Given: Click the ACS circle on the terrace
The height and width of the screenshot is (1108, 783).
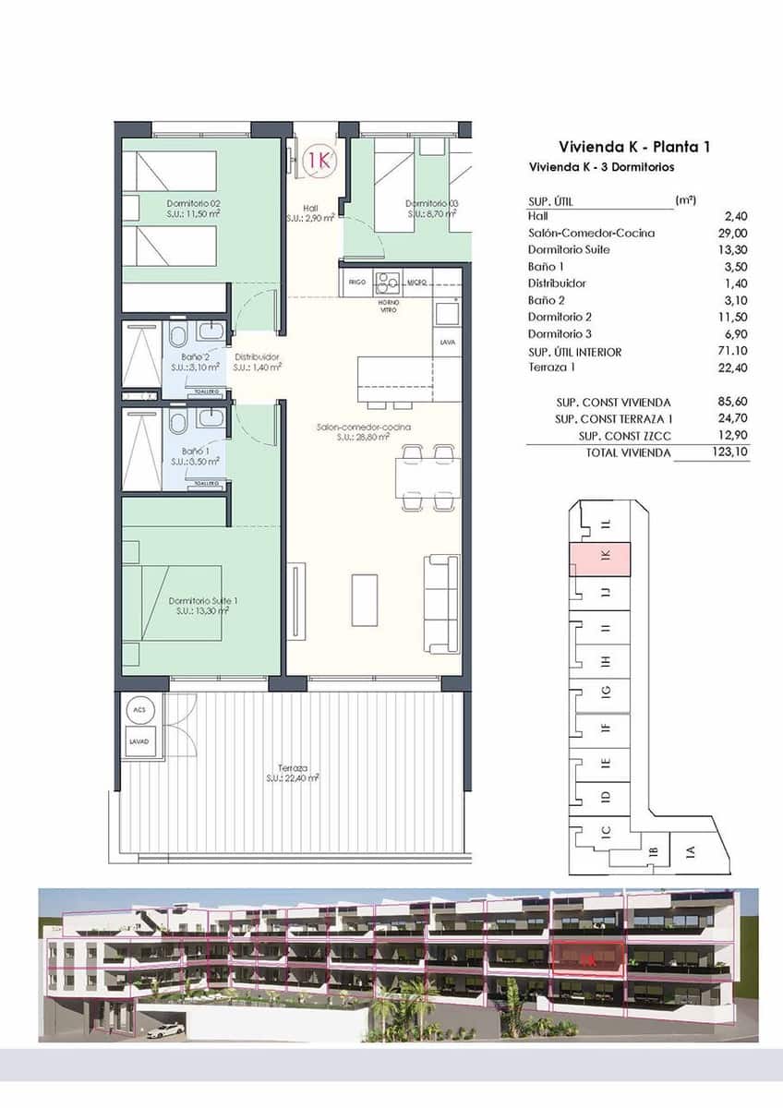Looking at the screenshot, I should pyautogui.click(x=139, y=710).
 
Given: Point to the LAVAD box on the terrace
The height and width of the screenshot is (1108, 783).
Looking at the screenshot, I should pyautogui.click(x=139, y=741).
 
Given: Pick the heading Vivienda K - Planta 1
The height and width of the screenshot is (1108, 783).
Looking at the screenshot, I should pyautogui.click(x=633, y=146).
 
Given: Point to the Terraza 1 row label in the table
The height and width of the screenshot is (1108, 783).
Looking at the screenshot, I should pyautogui.click(x=552, y=368).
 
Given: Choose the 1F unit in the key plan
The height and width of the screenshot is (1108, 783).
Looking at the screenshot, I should pyautogui.click(x=606, y=729).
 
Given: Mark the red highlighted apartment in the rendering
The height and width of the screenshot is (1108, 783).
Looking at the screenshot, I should pyautogui.click(x=588, y=957).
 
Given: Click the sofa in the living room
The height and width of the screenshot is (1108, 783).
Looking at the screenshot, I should pyautogui.click(x=441, y=603).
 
